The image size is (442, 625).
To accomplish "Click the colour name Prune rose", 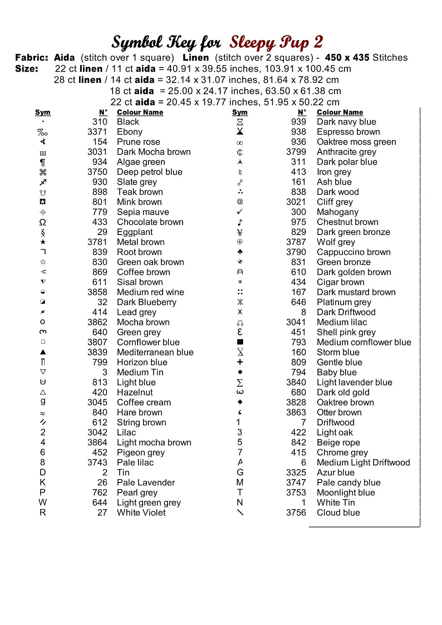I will tap(138, 142).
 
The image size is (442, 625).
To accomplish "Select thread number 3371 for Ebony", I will tap(97, 132).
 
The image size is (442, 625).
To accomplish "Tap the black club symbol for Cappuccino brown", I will tap(240, 252).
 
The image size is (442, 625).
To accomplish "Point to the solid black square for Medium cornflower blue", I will tap(240, 342).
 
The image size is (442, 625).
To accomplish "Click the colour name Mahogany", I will tap(337, 212).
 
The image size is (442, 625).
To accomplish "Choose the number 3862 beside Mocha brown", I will tap(97, 322).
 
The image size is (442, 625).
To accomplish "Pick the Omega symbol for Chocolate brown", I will tap(43, 222).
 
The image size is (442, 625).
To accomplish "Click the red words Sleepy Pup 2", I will tap(276, 42).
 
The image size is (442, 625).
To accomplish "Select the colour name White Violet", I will tap(141, 512).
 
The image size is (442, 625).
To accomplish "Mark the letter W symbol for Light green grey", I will tap(43, 502).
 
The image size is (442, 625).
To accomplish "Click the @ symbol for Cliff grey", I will tap(240, 202).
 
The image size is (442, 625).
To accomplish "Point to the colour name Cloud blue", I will tap(338, 512).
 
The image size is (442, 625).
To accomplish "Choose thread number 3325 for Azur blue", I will tap(296, 472).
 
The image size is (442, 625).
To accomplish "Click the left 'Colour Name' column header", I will tap(140, 112).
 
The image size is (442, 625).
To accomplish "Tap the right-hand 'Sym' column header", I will tap(240, 112).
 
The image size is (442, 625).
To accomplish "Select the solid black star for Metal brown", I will tap(43, 242).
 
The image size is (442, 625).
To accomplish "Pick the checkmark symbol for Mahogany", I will tap(240, 212).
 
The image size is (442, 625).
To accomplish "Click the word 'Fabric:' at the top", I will tap(32, 57).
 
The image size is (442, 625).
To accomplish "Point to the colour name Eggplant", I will tap(135, 232).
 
